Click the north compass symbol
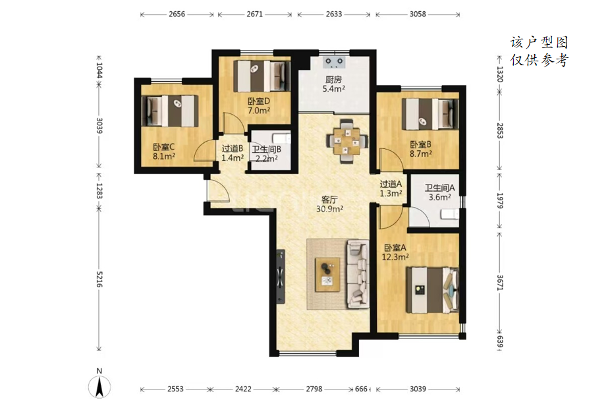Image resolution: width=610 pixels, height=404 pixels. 99,387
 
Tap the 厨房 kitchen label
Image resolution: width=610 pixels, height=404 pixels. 334,79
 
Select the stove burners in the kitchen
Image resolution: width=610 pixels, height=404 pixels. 334,61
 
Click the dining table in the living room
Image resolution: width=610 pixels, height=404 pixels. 347,141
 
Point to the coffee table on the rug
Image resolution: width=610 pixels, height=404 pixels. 327,274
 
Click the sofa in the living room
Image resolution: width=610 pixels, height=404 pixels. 358,274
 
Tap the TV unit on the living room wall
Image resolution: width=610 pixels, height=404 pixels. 281,276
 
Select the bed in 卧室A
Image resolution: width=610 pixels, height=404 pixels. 432,289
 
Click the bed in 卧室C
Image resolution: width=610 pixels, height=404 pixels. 169,111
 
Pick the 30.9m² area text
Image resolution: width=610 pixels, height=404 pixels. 329,210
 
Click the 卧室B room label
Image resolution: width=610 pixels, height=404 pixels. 420,144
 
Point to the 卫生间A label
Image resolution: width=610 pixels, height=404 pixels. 439,188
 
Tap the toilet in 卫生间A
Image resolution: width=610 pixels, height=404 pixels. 450,214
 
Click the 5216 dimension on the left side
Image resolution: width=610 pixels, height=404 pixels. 99,279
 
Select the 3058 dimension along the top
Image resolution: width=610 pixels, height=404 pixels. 418,14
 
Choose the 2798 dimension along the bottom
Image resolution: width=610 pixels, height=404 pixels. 314,389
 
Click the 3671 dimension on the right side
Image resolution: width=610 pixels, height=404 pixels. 500,283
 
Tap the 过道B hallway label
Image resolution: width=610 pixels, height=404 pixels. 233,148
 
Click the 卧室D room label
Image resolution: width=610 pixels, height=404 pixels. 259,101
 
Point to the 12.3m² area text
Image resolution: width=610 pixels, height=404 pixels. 395,257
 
